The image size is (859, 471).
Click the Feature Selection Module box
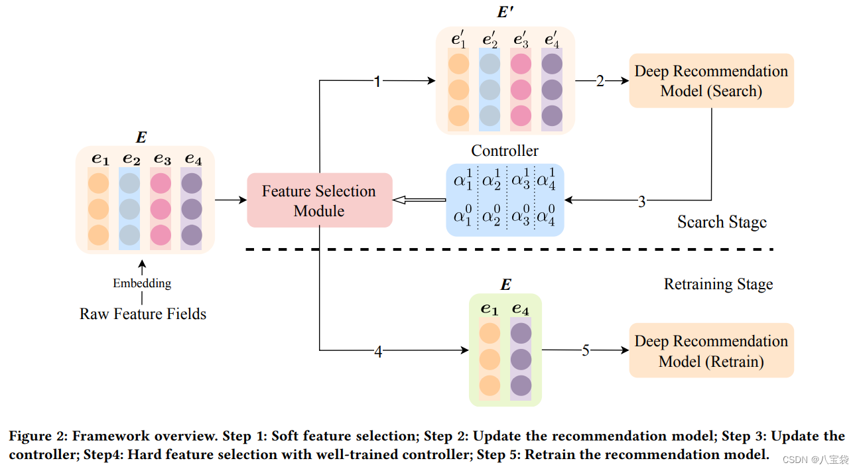pyautogui.click(x=319, y=200)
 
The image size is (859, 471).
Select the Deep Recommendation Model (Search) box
pyautogui.click(x=711, y=81)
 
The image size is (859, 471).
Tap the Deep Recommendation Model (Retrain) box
pyautogui.click(x=711, y=351)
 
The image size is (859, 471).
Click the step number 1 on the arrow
pyautogui.click(x=377, y=82)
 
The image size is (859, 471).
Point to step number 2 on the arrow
pyautogui.click(x=600, y=81)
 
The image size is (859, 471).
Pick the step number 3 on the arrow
pyautogui.click(x=641, y=201)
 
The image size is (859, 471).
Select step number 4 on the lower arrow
pyautogui.click(x=378, y=352)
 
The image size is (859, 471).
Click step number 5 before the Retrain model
pyautogui.click(x=585, y=350)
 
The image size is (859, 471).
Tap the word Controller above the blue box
pyautogui.click(x=505, y=151)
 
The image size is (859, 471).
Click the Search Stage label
pyautogui.click(x=722, y=222)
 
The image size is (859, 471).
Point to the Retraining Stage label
pyautogui.click(x=718, y=285)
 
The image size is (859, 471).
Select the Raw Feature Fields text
pyautogui.click(x=143, y=314)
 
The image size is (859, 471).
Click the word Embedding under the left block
pyautogui.click(x=142, y=283)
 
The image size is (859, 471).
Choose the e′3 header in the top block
pyautogui.click(x=521, y=40)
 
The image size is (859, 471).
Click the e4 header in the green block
pyautogui.click(x=521, y=309)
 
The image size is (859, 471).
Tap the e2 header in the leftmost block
pyautogui.click(x=131, y=159)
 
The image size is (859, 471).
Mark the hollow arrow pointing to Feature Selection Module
pyautogui.click(x=418, y=200)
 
